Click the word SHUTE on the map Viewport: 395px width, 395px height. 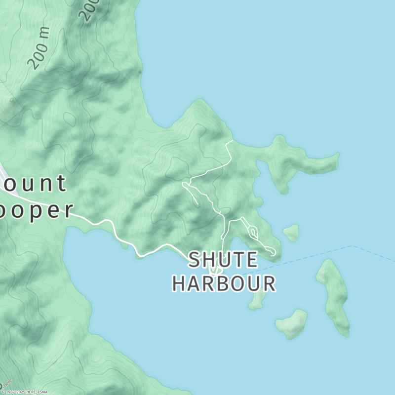pos(223,260)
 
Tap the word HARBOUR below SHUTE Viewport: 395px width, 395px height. pos(224,283)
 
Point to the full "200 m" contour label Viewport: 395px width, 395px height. pos(39,47)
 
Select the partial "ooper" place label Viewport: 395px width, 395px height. pos(37,209)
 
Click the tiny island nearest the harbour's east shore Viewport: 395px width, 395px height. pos(291,232)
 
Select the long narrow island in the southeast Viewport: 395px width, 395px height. pos(334,296)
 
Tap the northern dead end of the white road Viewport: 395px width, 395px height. pos(232,141)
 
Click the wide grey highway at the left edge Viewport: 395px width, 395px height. pos(3,173)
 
